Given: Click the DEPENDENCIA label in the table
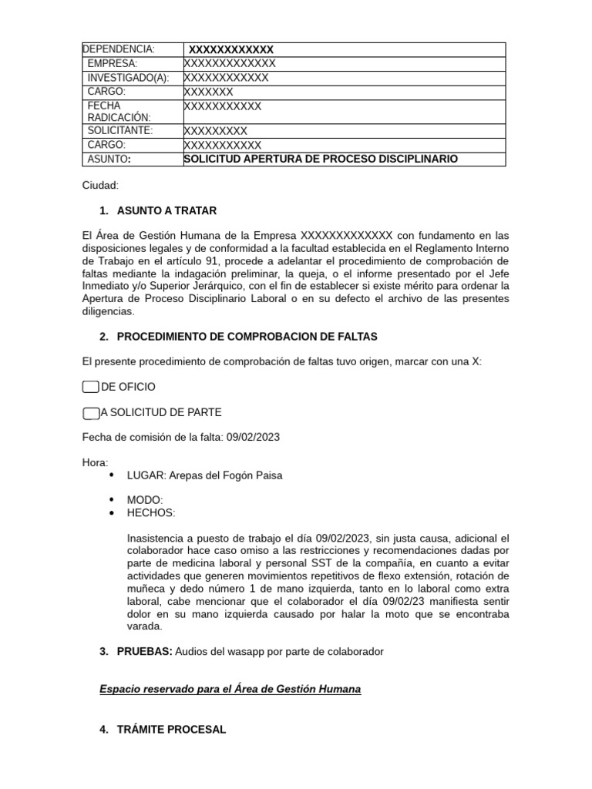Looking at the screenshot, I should (x=119, y=49).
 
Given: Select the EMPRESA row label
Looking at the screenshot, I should (x=113, y=63).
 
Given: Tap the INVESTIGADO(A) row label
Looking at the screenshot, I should (x=128, y=78).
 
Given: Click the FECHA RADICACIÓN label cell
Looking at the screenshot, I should (x=119, y=111).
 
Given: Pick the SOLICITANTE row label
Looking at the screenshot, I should (x=120, y=131).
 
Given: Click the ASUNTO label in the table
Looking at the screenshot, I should (x=109, y=159).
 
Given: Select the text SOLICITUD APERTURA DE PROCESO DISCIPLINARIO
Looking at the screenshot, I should (x=321, y=159).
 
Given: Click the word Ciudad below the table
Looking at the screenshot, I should (x=100, y=186).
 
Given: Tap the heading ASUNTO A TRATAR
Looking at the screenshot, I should (x=166, y=211).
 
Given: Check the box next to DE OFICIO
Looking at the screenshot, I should (x=90, y=387).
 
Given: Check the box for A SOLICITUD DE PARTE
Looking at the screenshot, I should (x=90, y=413).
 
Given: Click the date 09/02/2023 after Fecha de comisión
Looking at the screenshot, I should (x=253, y=438).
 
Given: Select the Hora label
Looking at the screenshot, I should (x=96, y=462).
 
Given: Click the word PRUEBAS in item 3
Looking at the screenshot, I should (x=143, y=652).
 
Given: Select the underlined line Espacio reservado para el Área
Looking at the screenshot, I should (x=230, y=689).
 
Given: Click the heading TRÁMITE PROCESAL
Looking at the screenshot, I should (x=171, y=729).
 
